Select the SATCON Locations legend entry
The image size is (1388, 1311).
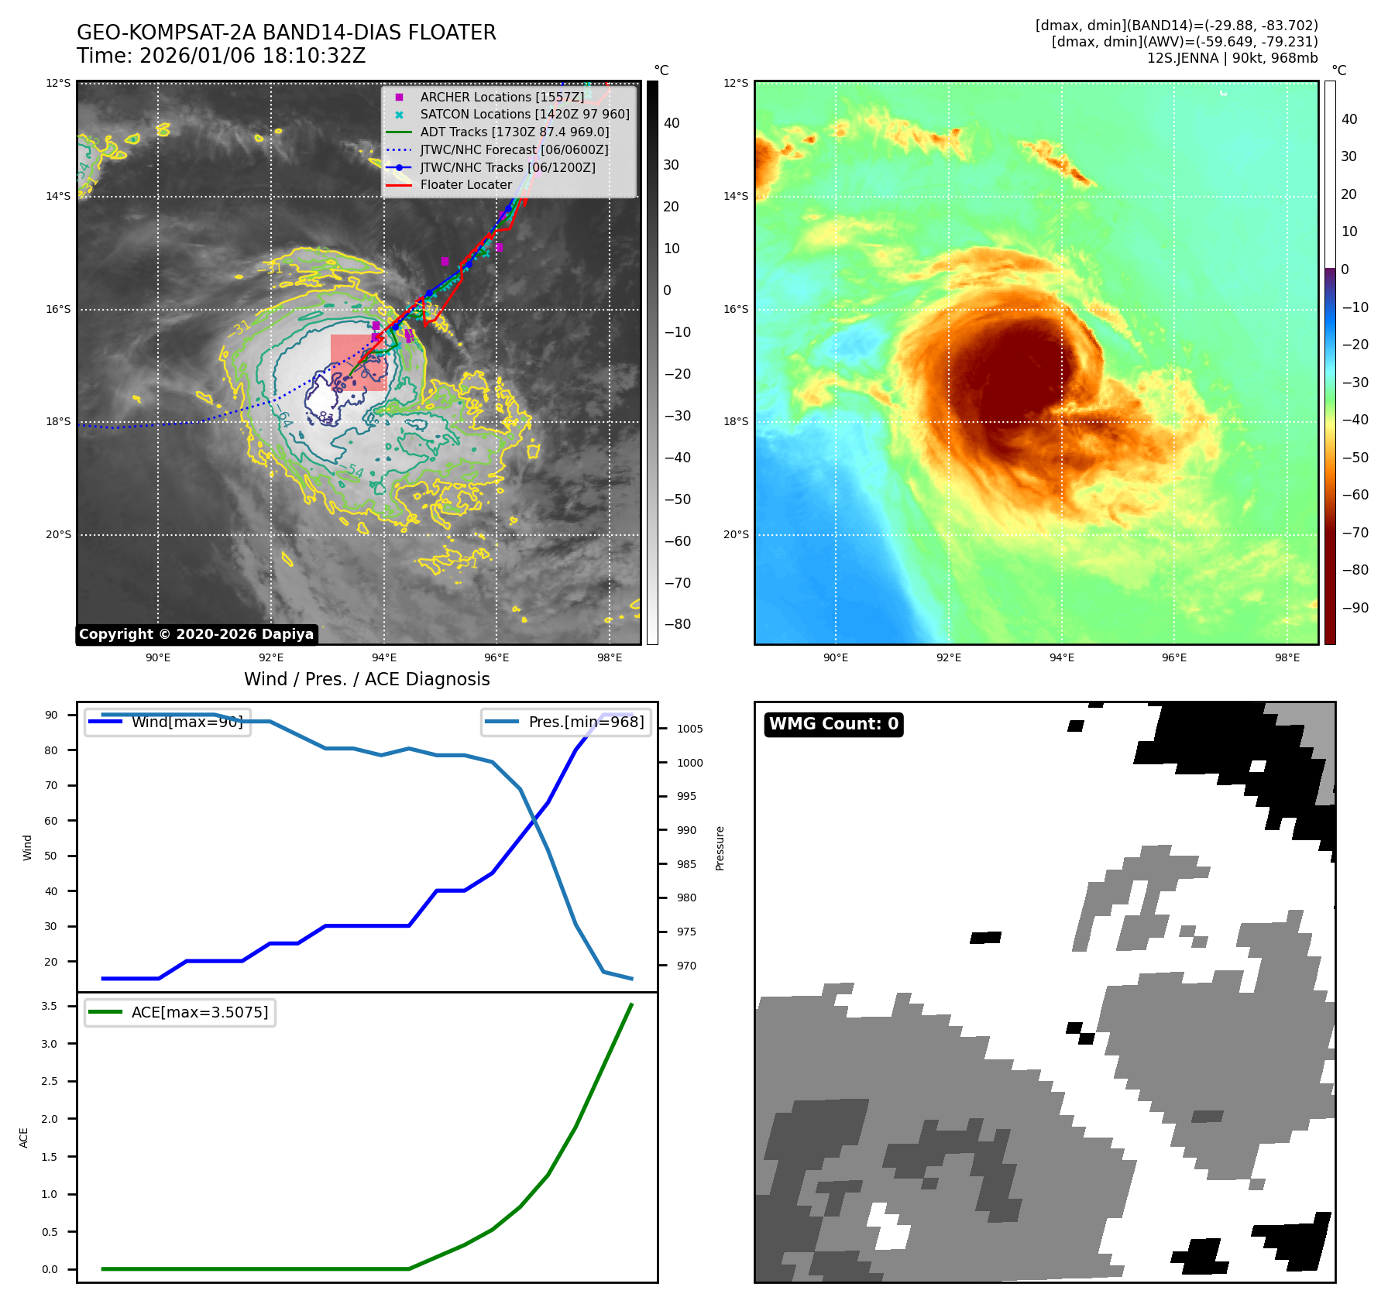[x=524, y=114]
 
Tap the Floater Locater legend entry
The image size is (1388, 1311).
[x=466, y=184]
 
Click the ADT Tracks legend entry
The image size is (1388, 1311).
[x=514, y=132]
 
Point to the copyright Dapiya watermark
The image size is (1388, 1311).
[x=196, y=634]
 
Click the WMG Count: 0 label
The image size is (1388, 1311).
[x=833, y=724]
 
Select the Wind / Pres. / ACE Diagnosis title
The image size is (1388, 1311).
[x=366, y=679]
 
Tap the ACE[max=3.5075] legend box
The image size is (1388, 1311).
[x=180, y=1012]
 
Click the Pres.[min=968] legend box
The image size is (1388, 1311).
[x=565, y=722]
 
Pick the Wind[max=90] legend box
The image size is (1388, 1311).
[x=167, y=722]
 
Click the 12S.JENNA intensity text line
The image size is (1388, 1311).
[x=1232, y=58]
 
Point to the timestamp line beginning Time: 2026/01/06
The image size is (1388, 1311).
[x=221, y=56]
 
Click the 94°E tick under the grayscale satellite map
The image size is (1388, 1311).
[x=383, y=657]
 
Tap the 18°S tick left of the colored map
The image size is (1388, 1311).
[x=736, y=422]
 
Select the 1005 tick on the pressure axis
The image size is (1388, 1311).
[x=689, y=729]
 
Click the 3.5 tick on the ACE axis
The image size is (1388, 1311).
[x=49, y=1006]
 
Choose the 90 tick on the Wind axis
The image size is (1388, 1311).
[x=51, y=715]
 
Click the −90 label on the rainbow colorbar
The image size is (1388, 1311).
[x=1355, y=608]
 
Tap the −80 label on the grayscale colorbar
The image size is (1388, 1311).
[x=677, y=624]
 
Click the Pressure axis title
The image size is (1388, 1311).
[x=720, y=848]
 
